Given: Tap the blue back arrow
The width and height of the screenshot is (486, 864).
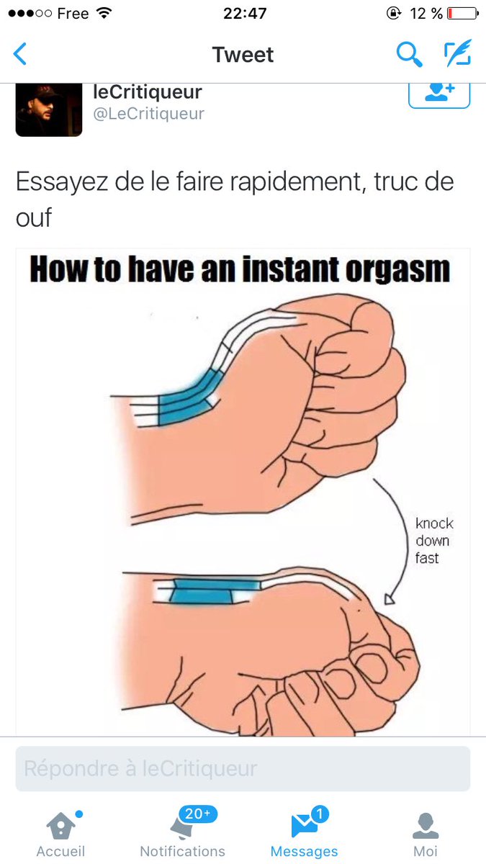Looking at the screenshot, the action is pos(20,54).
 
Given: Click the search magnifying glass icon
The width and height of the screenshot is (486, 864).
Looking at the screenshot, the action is pos(409,55).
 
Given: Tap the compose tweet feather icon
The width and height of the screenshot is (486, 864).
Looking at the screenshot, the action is pos(458,53).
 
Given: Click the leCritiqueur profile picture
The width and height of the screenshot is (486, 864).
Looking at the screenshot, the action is pos(49,110).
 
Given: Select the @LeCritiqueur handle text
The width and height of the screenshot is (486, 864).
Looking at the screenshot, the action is pos(149,114).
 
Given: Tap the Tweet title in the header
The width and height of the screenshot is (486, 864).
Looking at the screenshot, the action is pos(243,55).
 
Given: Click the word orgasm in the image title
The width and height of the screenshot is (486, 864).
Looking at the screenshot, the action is pos(397,270).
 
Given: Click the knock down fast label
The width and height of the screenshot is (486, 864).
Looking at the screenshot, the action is pos(434,541).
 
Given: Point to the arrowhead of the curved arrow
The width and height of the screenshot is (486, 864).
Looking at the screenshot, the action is pos(390,599).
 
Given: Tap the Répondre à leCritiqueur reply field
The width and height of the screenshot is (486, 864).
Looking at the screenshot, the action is pos(243,768).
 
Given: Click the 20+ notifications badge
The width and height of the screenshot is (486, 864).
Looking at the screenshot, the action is pos(198,814).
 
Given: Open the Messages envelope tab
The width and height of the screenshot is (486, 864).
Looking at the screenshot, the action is pos(304,834).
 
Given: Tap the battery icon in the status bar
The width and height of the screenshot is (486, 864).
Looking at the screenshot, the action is pos(462,14).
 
